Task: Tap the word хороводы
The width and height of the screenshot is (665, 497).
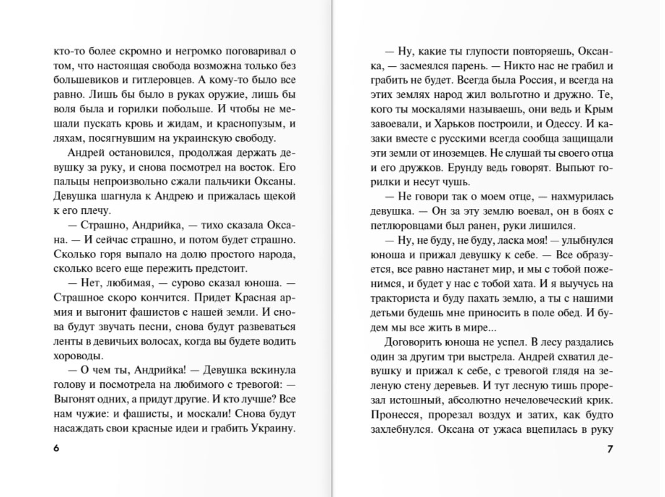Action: pos(78,355)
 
